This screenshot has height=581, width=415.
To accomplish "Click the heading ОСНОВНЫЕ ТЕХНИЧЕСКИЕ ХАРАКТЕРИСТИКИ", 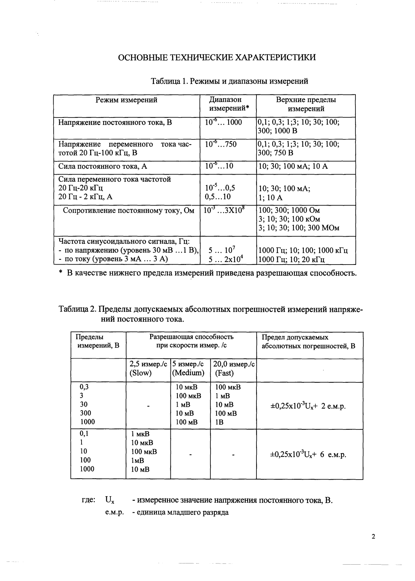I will [217, 58].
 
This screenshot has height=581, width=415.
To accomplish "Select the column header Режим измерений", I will [126, 100].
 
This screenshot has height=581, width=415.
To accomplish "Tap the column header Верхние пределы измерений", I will [306, 104].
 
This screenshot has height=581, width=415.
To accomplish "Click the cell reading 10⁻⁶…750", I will [221, 144].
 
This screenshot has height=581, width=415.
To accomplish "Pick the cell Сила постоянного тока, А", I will [102, 166].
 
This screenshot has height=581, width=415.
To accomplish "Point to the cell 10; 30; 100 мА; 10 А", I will [293, 166].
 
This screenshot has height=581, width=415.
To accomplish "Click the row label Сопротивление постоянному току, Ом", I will [128, 211].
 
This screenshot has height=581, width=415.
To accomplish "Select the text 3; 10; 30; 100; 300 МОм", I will [299, 228].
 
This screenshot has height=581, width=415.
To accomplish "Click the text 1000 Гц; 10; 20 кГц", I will [291, 259].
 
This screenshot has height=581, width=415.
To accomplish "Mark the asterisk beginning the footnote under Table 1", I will [60, 273].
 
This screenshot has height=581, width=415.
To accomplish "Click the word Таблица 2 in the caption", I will [77, 309].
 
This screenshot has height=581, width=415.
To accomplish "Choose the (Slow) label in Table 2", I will [140, 373].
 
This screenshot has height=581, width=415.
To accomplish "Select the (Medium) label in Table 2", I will [188, 373].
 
